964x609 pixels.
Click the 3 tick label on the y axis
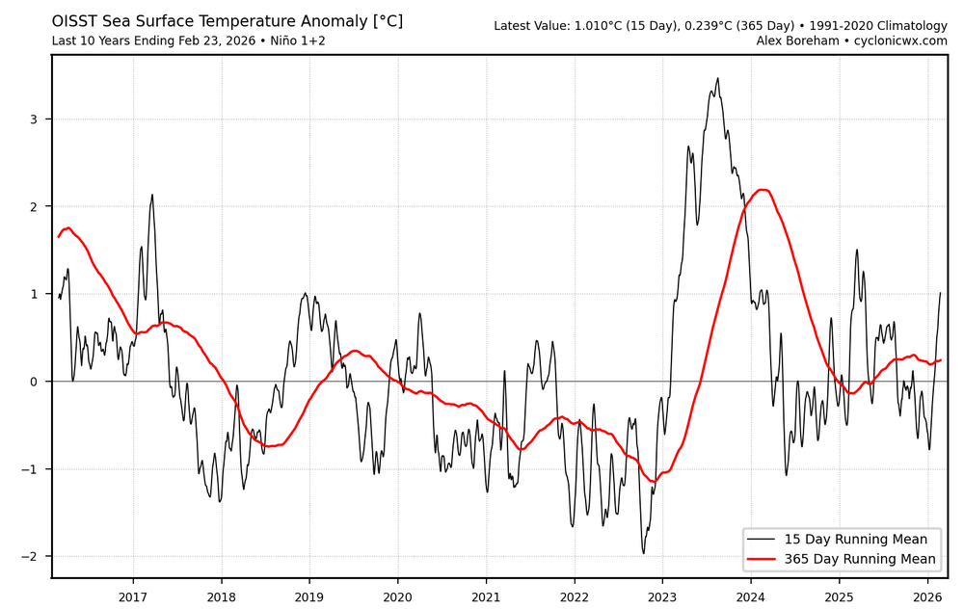pos(36,119)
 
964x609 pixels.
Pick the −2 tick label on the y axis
pos(32,557)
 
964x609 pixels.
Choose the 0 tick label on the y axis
pos(36,382)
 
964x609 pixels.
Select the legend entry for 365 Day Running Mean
pos(867,559)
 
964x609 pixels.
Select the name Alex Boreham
pos(790,40)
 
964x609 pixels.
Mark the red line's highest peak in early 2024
pos(763,190)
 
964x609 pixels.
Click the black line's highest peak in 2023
pos(717,78)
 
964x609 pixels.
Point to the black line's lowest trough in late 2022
pos(643,553)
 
